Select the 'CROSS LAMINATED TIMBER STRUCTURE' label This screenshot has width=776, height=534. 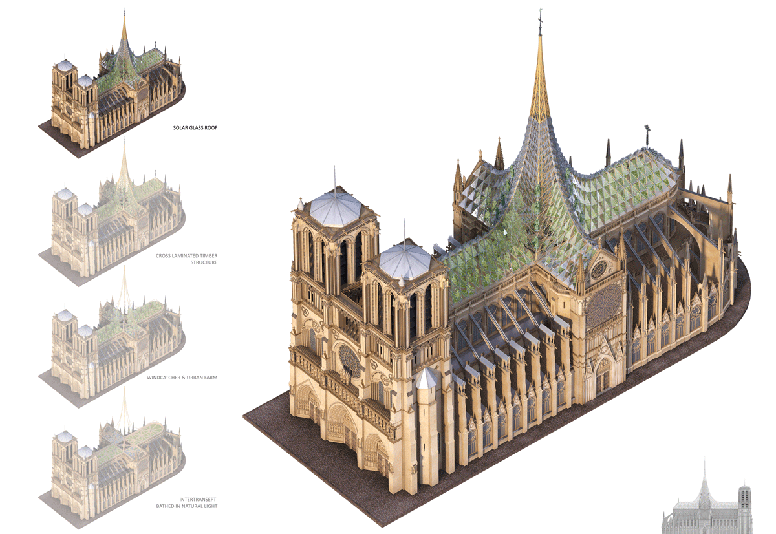pos(186,259)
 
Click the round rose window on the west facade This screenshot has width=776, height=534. pos(349,362)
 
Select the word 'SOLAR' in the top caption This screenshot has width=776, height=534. pos(180,128)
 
